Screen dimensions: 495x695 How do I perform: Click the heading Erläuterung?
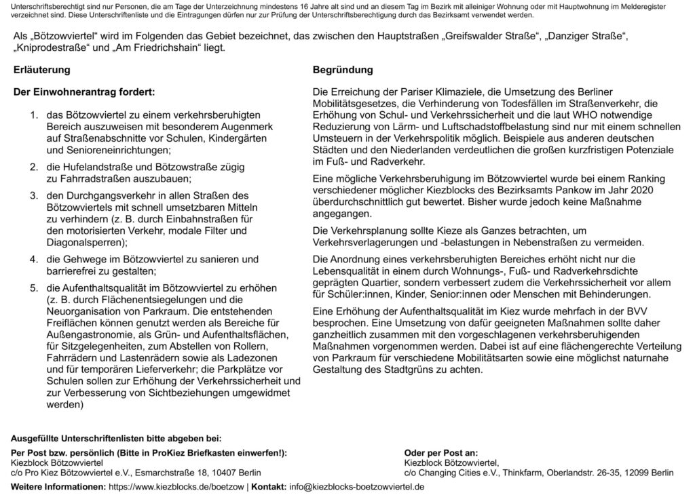[x=41, y=69]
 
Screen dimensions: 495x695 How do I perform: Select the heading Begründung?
[x=343, y=69]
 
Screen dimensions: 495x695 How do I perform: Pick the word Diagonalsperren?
[x=84, y=242]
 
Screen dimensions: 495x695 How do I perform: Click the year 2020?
[x=640, y=191]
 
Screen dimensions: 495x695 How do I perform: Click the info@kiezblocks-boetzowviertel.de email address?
[x=357, y=488]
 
